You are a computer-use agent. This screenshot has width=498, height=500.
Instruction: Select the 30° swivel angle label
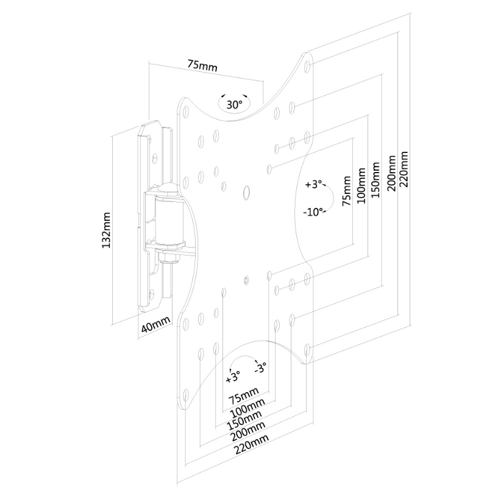click(x=234, y=105)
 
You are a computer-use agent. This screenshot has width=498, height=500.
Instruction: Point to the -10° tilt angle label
click(x=314, y=212)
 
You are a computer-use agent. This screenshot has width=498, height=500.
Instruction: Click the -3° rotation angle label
click(x=260, y=368)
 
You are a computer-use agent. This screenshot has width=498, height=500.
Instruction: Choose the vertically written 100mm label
click(x=362, y=185)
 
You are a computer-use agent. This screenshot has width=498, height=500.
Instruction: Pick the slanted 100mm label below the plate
click(x=246, y=406)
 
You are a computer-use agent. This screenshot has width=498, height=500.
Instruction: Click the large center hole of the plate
click(x=246, y=191)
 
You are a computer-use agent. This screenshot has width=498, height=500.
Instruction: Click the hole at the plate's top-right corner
click(x=307, y=63)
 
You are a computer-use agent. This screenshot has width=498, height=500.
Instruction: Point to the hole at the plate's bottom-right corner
click(x=307, y=349)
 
